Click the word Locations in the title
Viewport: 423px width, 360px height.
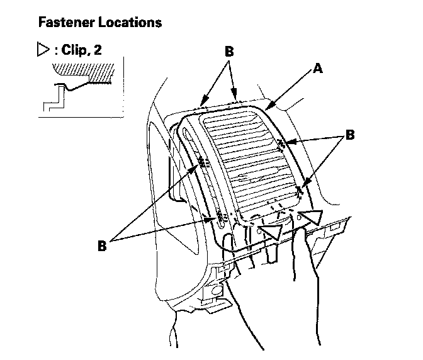pyautogui.click(x=129, y=23)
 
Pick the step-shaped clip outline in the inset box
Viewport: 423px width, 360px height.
pyautogui.click(x=54, y=99)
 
